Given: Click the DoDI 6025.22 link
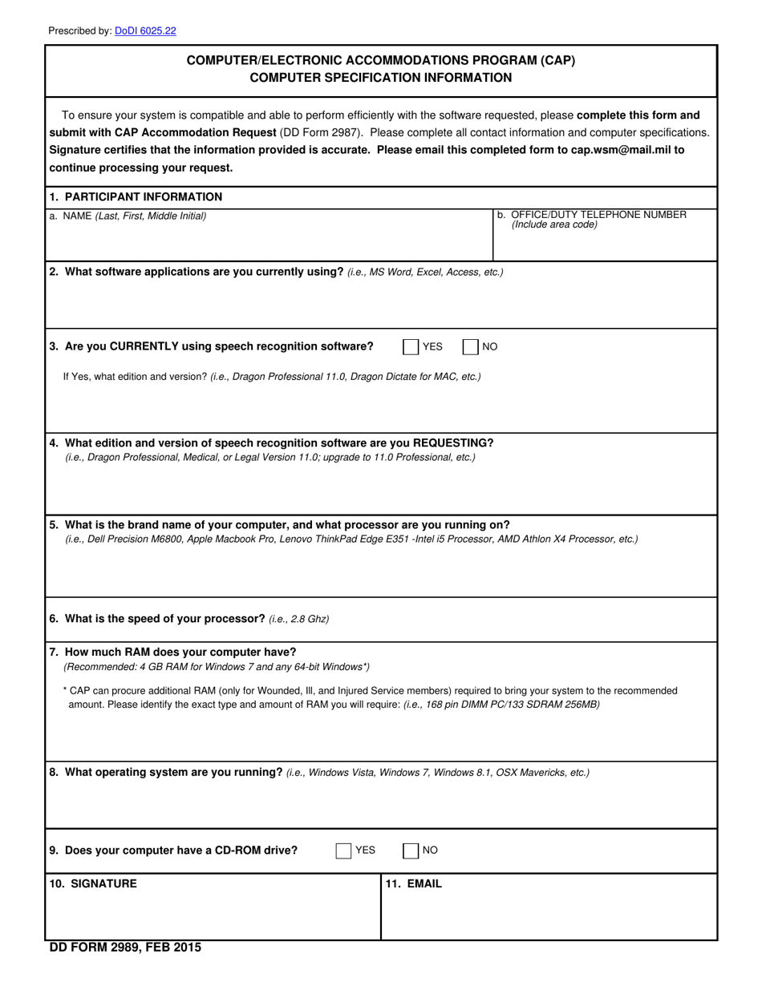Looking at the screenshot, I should pyautogui.click(x=145, y=31).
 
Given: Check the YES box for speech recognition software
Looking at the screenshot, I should pyautogui.click(x=411, y=346).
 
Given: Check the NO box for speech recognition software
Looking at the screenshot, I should pyautogui.click(x=471, y=346).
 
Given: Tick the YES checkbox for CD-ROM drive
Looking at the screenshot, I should pyautogui.click(x=343, y=851).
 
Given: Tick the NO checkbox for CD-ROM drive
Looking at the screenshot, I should pyautogui.click(x=411, y=851).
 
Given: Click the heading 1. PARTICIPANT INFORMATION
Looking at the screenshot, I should pyautogui.click(x=136, y=196).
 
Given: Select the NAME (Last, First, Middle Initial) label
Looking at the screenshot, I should pyautogui.click(x=128, y=216).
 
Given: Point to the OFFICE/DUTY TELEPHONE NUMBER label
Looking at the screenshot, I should pyautogui.click(x=591, y=215).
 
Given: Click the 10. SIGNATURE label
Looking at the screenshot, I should pyautogui.click(x=93, y=883).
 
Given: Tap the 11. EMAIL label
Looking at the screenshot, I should pyautogui.click(x=413, y=883).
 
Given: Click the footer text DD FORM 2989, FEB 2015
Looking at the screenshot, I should pyautogui.click(x=125, y=948).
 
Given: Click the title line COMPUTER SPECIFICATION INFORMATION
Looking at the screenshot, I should pyautogui.click(x=380, y=78).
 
